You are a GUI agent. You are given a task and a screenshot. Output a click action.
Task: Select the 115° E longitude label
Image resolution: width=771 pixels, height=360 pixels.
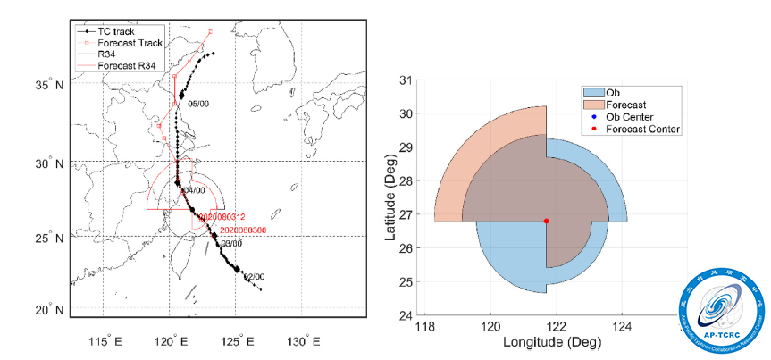tap(104, 342)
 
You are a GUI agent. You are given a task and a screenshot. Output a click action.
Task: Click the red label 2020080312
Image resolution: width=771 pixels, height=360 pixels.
tap(222, 217)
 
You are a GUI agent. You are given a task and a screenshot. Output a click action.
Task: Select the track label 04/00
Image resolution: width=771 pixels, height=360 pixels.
tap(194, 190)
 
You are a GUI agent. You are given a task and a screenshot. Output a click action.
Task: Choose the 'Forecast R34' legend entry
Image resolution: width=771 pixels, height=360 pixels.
tap(119, 65)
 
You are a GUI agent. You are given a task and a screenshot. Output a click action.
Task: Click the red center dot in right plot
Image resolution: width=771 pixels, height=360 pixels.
tap(547, 222)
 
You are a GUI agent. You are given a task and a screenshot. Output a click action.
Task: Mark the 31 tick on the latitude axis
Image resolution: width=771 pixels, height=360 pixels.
tap(407, 80)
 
